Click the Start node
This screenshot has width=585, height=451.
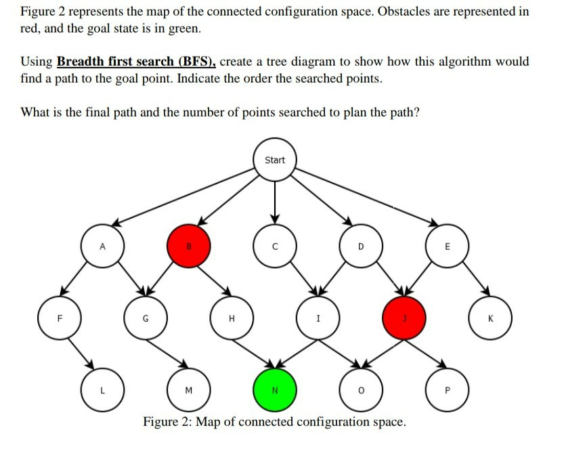pos(275,160)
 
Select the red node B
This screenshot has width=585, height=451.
pos(189,246)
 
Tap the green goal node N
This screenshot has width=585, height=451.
pos(274,391)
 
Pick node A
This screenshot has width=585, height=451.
pos(102,246)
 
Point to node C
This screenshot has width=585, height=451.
pos(275,246)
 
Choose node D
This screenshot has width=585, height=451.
pos(361,246)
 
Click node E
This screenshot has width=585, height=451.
pos(447,246)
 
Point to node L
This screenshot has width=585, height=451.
pos(102,391)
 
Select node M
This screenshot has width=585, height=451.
pos(188,391)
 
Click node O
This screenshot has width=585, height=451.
pos(361,391)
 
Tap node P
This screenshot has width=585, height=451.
pos(447,391)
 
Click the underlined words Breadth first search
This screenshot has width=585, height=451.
pos(135,62)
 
